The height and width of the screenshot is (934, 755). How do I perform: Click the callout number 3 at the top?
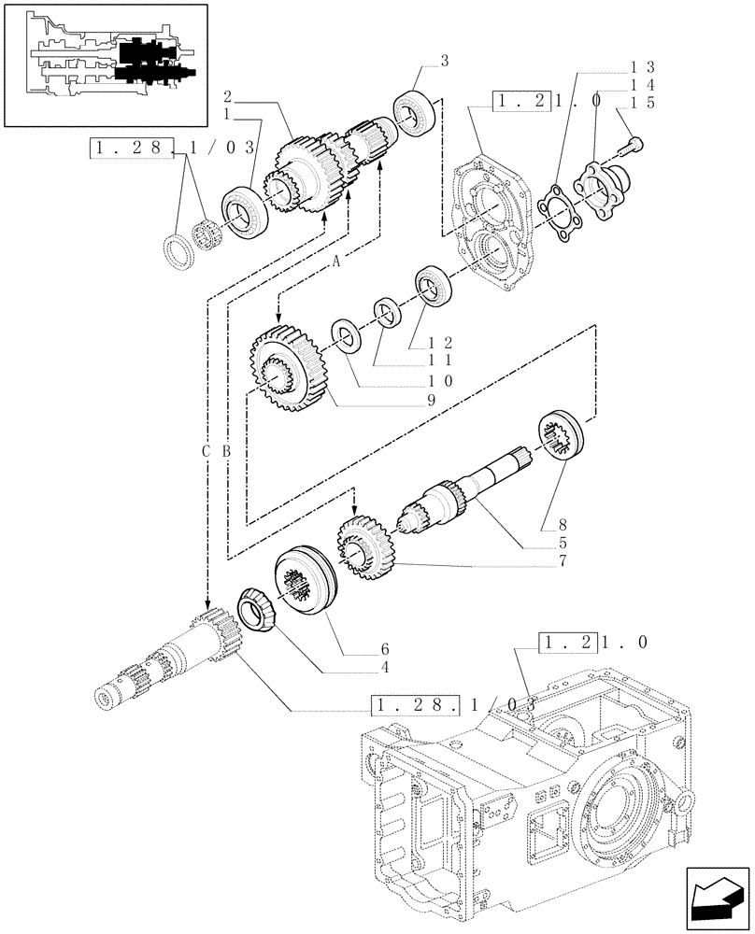(445, 62)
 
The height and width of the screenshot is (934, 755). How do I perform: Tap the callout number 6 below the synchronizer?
(384, 649)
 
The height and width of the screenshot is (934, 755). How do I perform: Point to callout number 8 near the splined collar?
(562, 526)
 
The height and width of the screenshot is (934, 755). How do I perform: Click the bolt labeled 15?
(633, 142)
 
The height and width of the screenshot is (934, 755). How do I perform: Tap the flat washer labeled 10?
(346, 335)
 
